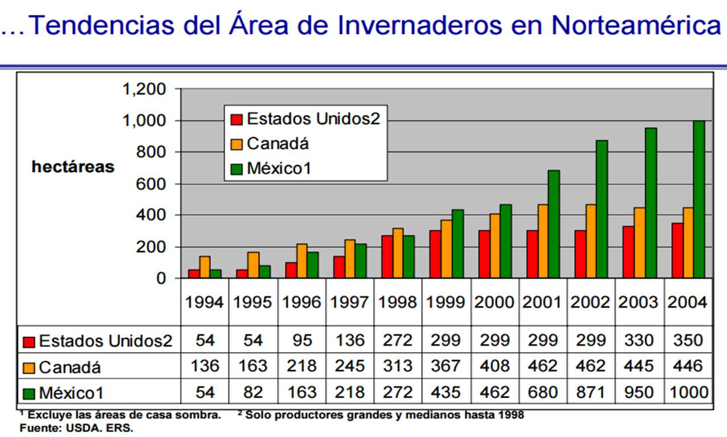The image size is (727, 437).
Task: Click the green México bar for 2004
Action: tap(699, 199)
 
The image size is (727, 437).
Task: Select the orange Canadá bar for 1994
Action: tap(205, 267)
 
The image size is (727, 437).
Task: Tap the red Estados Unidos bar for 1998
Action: tap(387, 257)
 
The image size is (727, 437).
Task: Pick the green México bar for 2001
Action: tap(554, 224)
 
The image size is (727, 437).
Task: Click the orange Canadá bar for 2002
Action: tap(591, 241)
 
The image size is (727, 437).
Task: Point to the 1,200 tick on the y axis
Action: tap(144, 89)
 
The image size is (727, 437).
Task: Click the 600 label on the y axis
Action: tap(151, 184)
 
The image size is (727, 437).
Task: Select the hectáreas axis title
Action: tap(73, 167)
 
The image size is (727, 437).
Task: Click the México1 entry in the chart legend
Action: tap(271, 168)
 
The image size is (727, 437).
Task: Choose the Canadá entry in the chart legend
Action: tap(269, 144)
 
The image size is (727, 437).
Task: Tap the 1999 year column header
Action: tap(446, 302)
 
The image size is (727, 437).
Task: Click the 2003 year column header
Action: tap(638, 302)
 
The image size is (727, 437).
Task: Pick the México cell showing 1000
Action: tap(689, 392)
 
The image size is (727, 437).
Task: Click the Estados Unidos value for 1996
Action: tap(302, 341)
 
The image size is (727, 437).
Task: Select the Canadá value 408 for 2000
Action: tap(495, 366)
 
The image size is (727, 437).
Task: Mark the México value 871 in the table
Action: tap(591, 392)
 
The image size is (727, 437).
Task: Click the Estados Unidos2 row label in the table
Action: tap(97, 341)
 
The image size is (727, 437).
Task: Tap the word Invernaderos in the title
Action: tap(420, 25)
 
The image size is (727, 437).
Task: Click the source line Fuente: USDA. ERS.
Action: tap(76, 428)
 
